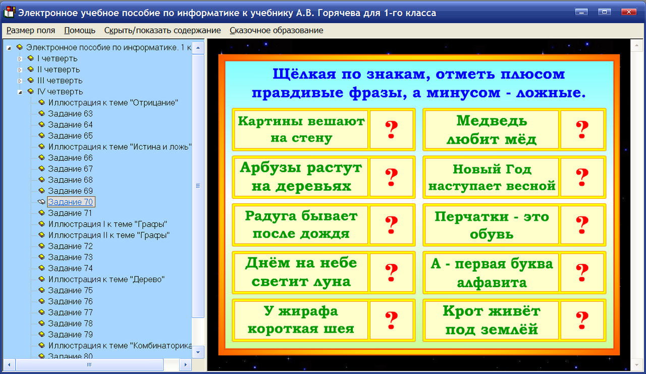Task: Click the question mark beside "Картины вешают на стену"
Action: (x=391, y=130)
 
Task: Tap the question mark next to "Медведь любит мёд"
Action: (x=582, y=130)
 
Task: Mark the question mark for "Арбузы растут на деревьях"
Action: (x=391, y=177)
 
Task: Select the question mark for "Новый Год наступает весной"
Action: (x=582, y=177)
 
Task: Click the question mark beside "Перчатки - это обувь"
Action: (x=582, y=225)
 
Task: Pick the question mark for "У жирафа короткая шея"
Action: (x=391, y=319)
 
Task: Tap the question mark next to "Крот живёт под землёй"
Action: (x=582, y=319)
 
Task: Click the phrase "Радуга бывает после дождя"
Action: (x=301, y=225)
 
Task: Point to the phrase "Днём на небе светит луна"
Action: (x=301, y=272)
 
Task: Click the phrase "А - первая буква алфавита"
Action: (x=492, y=272)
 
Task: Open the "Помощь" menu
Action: (x=80, y=30)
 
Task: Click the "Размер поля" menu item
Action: (x=31, y=30)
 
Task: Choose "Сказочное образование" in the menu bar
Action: (x=276, y=30)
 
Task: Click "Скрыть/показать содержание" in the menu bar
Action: (x=163, y=30)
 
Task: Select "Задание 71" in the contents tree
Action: (x=70, y=213)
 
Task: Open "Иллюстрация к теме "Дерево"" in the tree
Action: (x=106, y=279)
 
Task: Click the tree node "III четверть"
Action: (x=60, y=81)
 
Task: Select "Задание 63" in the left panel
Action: (x=70, y=114)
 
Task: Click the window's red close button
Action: (x=628, y=12)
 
